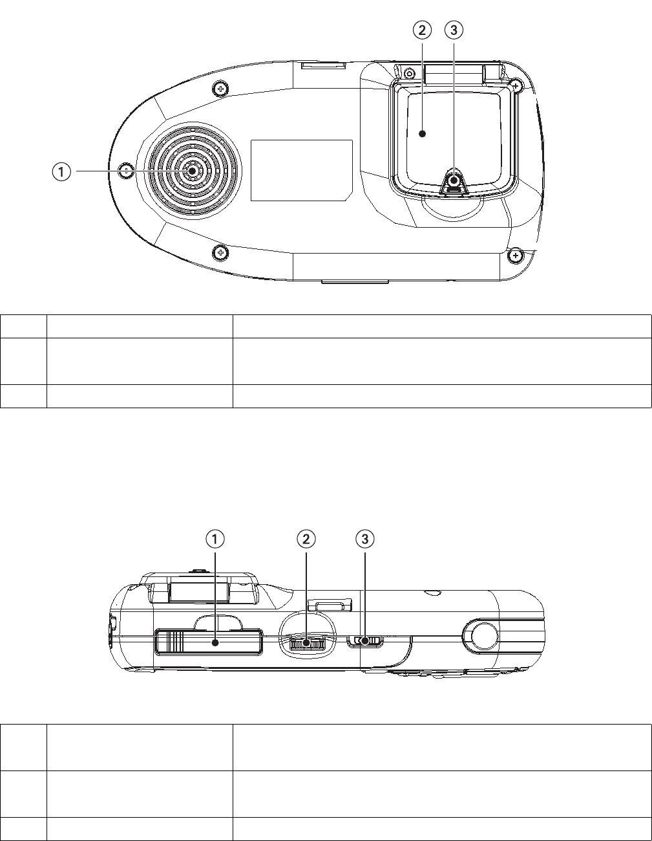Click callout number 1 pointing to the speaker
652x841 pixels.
point(61,172)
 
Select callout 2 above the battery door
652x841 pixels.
point(422,30)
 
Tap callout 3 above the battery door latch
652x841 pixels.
point(454,30)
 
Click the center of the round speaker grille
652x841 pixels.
point(192,171)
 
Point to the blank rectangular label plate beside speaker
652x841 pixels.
point(302,170)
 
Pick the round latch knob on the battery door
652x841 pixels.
point(454,180)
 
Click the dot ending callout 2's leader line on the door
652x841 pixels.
point(423,133)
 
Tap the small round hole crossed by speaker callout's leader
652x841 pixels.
point(127,171)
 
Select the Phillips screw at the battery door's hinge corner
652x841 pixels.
point(516,85)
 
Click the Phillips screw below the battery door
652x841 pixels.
point(515,256)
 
